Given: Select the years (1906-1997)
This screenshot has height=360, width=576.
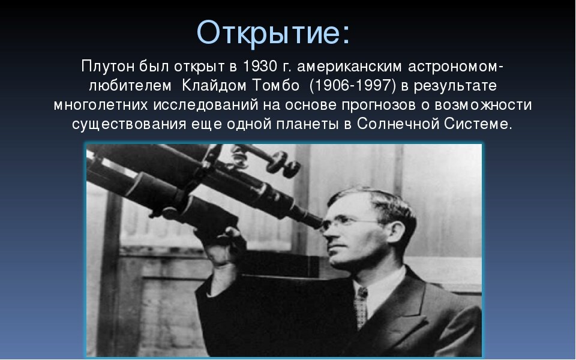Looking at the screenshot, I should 353,85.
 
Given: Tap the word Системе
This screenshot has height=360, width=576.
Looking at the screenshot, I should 479,125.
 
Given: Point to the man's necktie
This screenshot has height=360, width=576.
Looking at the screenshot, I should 361,306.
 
